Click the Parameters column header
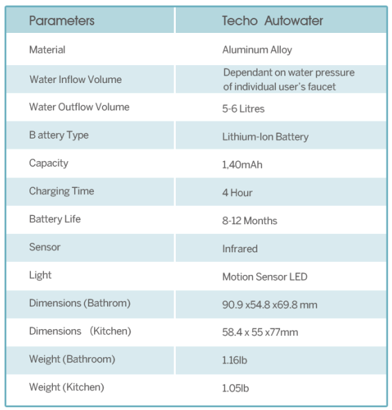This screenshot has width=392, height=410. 62,21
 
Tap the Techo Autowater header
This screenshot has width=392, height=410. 273,21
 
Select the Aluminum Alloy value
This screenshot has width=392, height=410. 257,50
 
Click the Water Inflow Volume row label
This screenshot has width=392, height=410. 75,80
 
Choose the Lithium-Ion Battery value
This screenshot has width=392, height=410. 265,136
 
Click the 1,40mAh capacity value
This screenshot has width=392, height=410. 242,165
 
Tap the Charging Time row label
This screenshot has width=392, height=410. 61,191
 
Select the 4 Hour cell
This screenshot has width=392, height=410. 238,193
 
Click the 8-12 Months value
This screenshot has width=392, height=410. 249,221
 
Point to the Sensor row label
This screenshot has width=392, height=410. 45,247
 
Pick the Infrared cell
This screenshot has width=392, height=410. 240,249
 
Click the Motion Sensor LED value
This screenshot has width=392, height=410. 264,277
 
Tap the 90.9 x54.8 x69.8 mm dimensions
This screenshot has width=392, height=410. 269,304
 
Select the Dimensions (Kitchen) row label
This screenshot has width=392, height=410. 80,331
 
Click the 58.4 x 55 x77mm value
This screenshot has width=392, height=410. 260,333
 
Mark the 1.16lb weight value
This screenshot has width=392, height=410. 235,360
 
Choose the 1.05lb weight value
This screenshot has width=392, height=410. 235,388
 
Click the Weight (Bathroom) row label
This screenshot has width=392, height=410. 71,359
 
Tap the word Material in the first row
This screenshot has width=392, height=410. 47,50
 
